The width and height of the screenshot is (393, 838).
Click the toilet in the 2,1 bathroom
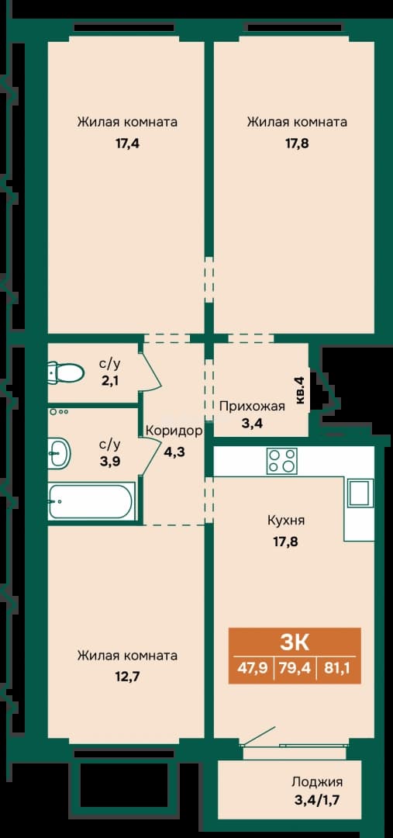click(x=65, y=372)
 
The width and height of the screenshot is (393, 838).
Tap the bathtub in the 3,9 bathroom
click(x=90, y=500)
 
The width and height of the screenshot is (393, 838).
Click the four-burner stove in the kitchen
click(x=282, y=460)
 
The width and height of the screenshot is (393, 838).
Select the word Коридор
click(x=174, y=431)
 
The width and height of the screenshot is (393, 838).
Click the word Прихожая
click(x=252, y=406)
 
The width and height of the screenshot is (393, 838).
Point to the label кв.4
click(x=300, y=390)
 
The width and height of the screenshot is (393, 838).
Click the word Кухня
click(x=286, y=519)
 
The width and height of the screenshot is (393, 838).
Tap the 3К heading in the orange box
click(x=295, y=642)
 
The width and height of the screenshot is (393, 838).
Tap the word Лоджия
click(x=316, y=782)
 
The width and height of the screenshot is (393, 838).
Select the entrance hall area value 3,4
click(x=251, y=425)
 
